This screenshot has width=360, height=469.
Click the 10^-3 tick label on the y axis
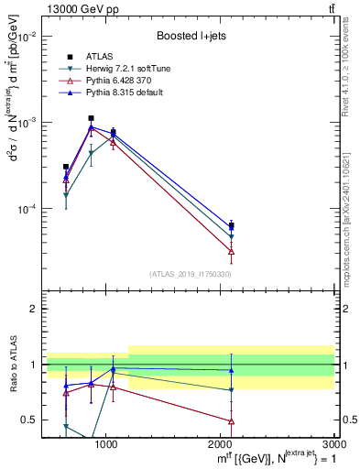tap(32, 123)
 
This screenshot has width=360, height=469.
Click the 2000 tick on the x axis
tap(221, 445)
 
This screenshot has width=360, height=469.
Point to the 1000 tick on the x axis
tap(106, 445)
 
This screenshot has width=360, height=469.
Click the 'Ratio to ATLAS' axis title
tap(13, 364)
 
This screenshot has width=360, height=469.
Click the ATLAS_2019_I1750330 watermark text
tap(191, 274)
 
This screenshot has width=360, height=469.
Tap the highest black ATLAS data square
tap(91, 118)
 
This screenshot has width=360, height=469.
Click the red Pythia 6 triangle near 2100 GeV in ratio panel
tap(231, 421)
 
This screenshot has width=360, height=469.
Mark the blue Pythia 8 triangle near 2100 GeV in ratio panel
tap(231, 371)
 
